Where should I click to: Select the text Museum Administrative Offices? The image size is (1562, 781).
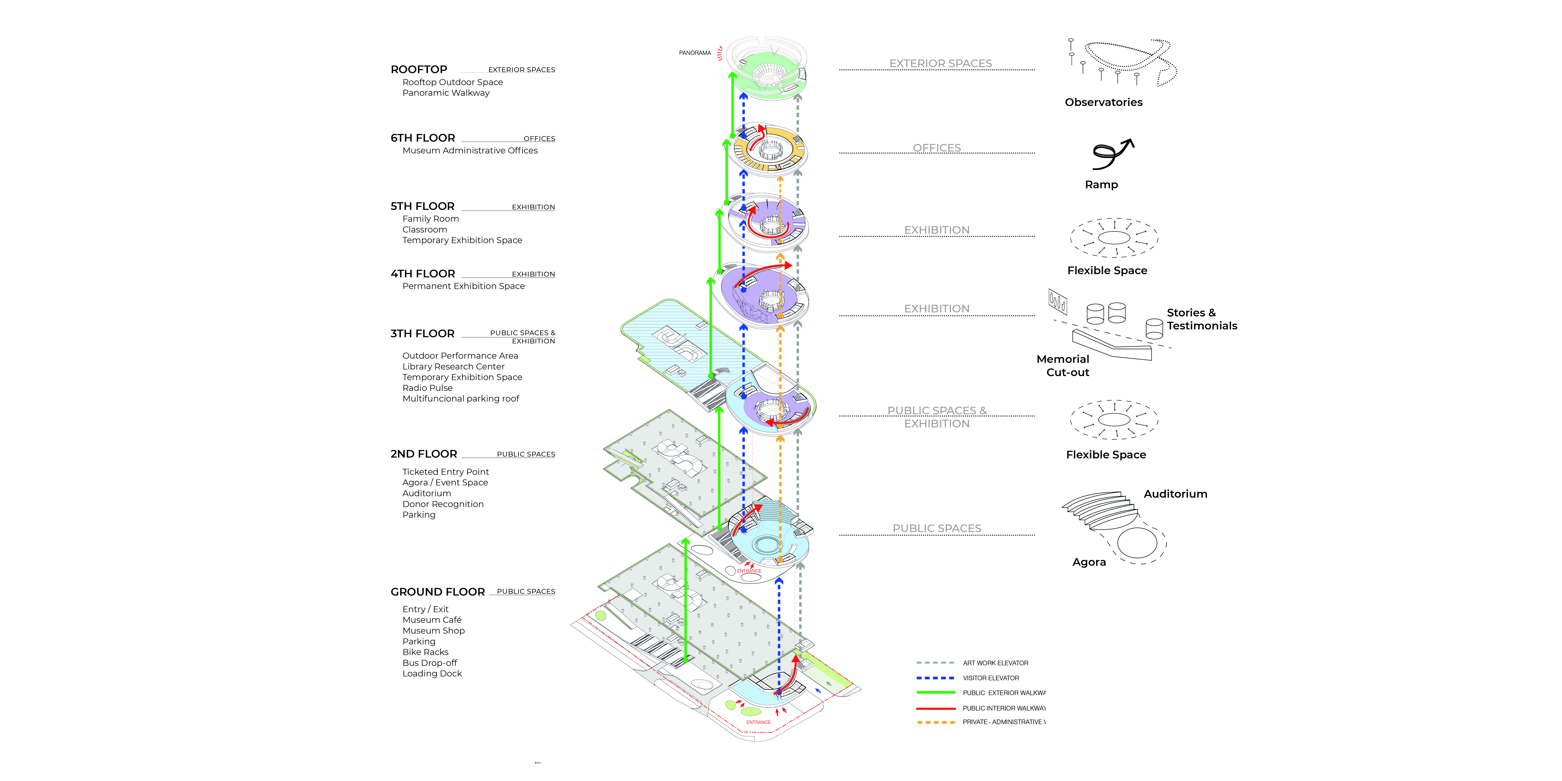pos(470,150)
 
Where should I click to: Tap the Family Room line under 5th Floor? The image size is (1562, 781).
pos(431,219)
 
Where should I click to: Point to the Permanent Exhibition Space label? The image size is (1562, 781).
pos(463,286)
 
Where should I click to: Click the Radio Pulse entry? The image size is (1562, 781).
pos(428,388)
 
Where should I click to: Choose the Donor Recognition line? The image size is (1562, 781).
pos(443,504)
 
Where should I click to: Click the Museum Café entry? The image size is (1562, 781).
pos(432,620)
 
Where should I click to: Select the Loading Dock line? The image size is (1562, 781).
pos(432,674)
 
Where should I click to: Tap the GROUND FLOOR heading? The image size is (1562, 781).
pos(437,592)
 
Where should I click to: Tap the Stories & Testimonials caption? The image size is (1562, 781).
pos(1201,319)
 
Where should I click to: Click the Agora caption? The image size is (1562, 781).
pos(1089,562)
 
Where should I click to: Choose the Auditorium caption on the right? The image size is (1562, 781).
pos(1175,494)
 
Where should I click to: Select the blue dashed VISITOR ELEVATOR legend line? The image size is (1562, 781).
pos(935,678)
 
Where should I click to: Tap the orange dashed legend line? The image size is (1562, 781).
pos(935,722)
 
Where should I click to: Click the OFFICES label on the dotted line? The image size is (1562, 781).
pos(937,148)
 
